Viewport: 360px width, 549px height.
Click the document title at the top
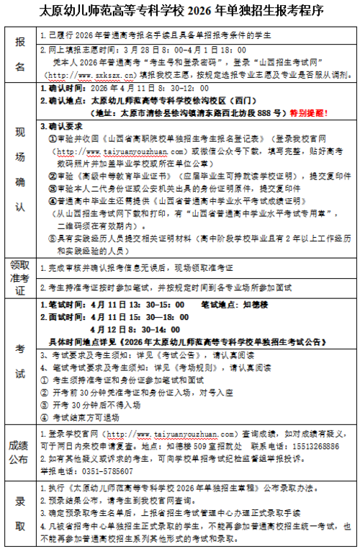coord(180,12)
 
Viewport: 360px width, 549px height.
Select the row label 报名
coord(19,54)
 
